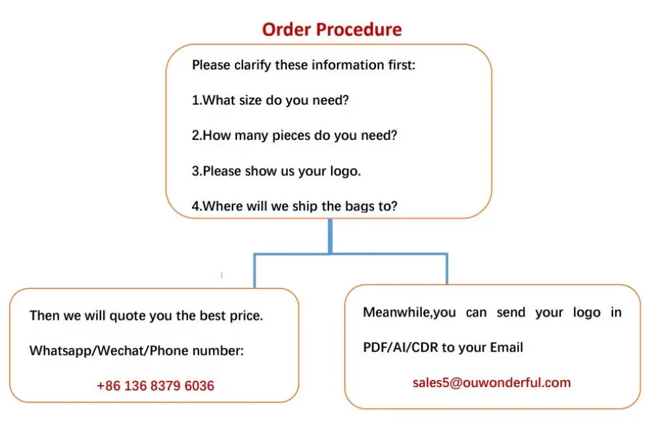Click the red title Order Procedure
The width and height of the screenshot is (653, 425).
(332, 29)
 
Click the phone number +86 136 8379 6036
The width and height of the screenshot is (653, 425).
(155, 386)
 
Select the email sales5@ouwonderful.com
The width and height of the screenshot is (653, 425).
(492, 382)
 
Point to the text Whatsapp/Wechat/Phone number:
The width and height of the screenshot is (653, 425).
(136, 351)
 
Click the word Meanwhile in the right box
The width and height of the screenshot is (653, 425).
(397, 313)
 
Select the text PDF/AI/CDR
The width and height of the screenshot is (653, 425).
(400, 347)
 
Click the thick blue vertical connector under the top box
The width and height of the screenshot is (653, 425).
(330, 235)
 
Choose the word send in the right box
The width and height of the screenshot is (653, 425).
(511, 313)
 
